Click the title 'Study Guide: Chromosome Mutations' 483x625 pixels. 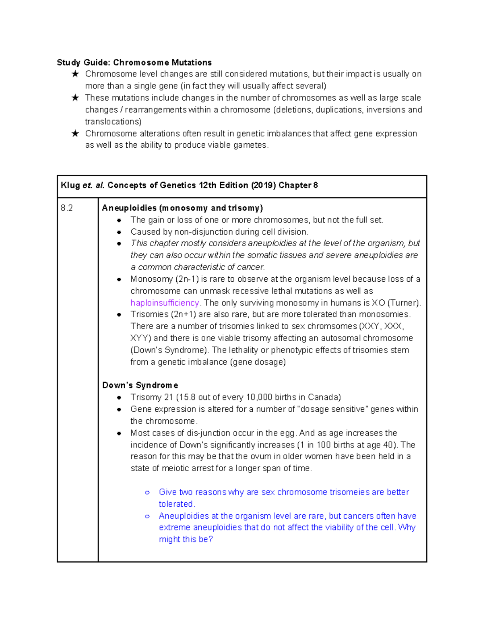pos(134,62)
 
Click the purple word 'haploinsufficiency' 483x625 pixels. pos(165,303)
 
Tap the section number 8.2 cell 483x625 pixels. pos(67,208)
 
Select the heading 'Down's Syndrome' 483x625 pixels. pos(140,385)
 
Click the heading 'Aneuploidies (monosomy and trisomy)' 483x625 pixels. pos(182,208)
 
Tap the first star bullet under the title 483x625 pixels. pos(75,74)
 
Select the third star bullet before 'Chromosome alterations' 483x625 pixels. pos(75,134)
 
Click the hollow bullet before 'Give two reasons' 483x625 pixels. pos(147,492)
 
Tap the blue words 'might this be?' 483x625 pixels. pos(186,539)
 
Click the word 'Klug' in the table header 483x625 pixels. pos(70,186)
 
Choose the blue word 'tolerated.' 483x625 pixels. pos(177,504)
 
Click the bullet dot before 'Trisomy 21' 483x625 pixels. pos(119,398)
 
